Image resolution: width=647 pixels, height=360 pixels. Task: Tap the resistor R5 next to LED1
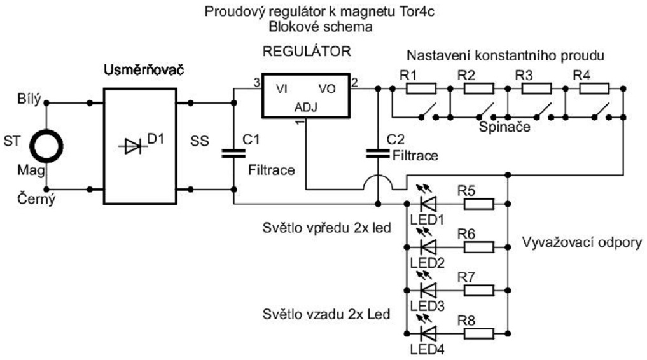coord(478,204)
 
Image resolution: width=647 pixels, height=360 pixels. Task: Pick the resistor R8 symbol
coord(478,333)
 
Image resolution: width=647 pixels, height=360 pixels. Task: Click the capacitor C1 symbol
coord(233,153)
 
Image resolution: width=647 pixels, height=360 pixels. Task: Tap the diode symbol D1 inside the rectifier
coord(133,147)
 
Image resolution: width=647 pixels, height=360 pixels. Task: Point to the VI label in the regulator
coord(281,89)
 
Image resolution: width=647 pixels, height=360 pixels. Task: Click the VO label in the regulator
coord(327,89)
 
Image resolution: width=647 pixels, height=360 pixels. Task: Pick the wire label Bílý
coord(29,100)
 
